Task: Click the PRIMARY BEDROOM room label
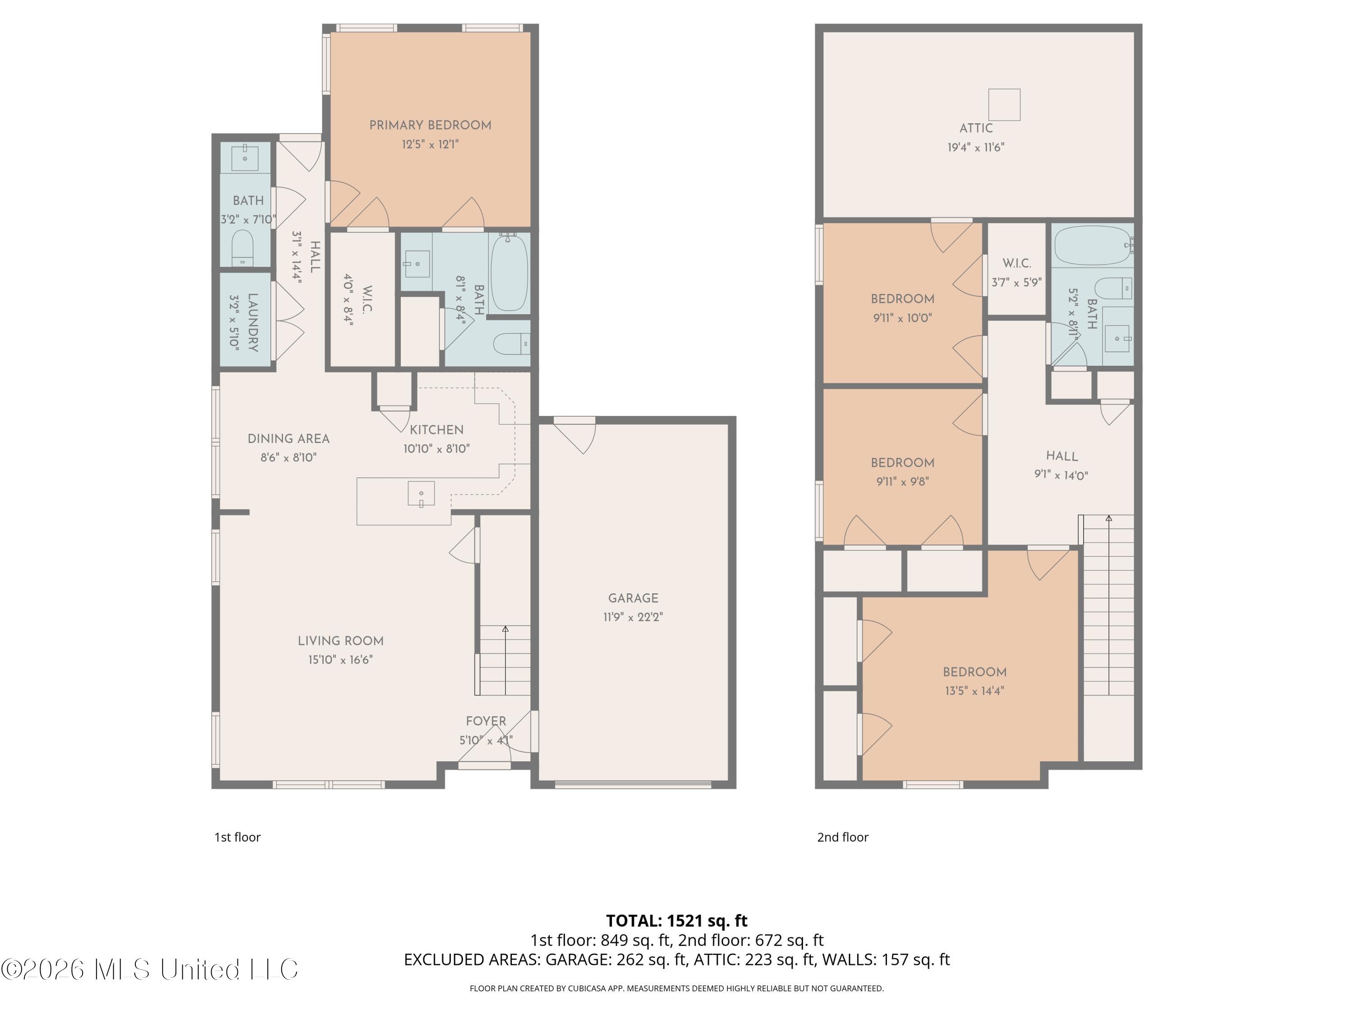point(430,126)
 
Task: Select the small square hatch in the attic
point(1005,105)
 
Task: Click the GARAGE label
point(633,598)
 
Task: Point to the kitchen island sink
point(421,494)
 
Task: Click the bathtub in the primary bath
point(509,273)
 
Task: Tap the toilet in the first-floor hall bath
point(242,247)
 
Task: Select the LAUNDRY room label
point(253,322)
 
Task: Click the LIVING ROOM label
point(340,641)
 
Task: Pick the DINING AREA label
point(288,438)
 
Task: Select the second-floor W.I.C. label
point(1017,263)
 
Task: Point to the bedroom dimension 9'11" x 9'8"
point(902,482)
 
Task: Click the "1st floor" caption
point(237,837)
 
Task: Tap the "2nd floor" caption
point(843,837)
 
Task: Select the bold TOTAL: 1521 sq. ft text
point(677,920)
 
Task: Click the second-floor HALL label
point(1062,456)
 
